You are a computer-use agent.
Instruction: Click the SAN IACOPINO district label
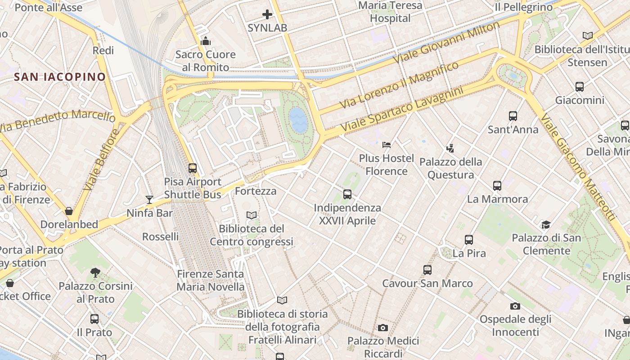coord(60,77)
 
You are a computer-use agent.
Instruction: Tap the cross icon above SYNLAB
coord(267,14)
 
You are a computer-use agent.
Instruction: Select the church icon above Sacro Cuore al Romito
coord(206,41)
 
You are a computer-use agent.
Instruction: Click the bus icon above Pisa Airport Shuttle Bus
coord(193,168)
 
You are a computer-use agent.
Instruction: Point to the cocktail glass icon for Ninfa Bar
coord(149,199)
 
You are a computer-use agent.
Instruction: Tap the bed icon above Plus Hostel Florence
coord(387,145)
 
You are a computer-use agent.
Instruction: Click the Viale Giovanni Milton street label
coord(446,43)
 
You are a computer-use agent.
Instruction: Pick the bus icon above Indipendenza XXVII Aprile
coord(347,194)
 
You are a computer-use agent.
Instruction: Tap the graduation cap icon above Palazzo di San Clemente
coord(546,225)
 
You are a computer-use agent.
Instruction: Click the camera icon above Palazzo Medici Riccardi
coord(383,328)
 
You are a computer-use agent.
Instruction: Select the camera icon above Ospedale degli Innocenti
coord(515,306)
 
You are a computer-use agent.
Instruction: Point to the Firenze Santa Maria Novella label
coord(211,280)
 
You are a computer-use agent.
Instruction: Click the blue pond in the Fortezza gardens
coord(298,119)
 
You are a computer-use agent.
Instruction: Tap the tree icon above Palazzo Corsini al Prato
coord(95,272)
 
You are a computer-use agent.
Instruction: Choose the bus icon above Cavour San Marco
coord(427,270)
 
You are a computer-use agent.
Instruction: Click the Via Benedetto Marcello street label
coord(58,121)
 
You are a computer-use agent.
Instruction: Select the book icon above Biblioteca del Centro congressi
coord(252,216)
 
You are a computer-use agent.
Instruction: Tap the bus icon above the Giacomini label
coord(580,87)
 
